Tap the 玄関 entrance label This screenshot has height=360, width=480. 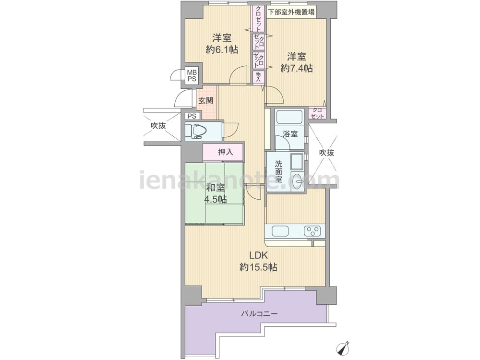[206, 100]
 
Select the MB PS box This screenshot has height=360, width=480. [192, 76]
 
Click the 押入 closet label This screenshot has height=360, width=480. [226, 152]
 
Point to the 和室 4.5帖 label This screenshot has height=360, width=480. [216, 193]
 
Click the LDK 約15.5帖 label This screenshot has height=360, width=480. [258, 261]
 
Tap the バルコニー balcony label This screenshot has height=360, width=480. [259, 314]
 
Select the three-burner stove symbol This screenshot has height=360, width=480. [312, 231]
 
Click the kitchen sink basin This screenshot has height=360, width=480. [280, 231]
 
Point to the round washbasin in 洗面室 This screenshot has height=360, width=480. [297, 181]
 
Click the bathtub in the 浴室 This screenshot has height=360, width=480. [289, 117]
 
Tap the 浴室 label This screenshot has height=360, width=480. [290, 134]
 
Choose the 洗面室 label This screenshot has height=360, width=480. [278, 171]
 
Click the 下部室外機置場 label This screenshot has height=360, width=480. [291, 12]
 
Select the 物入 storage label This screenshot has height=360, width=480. [258, 76]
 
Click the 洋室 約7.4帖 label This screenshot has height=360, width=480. [297, 62]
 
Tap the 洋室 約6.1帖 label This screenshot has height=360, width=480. [222, 44]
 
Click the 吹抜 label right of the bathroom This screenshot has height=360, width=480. [326, 153]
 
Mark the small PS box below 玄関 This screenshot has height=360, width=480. [192, 116]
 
